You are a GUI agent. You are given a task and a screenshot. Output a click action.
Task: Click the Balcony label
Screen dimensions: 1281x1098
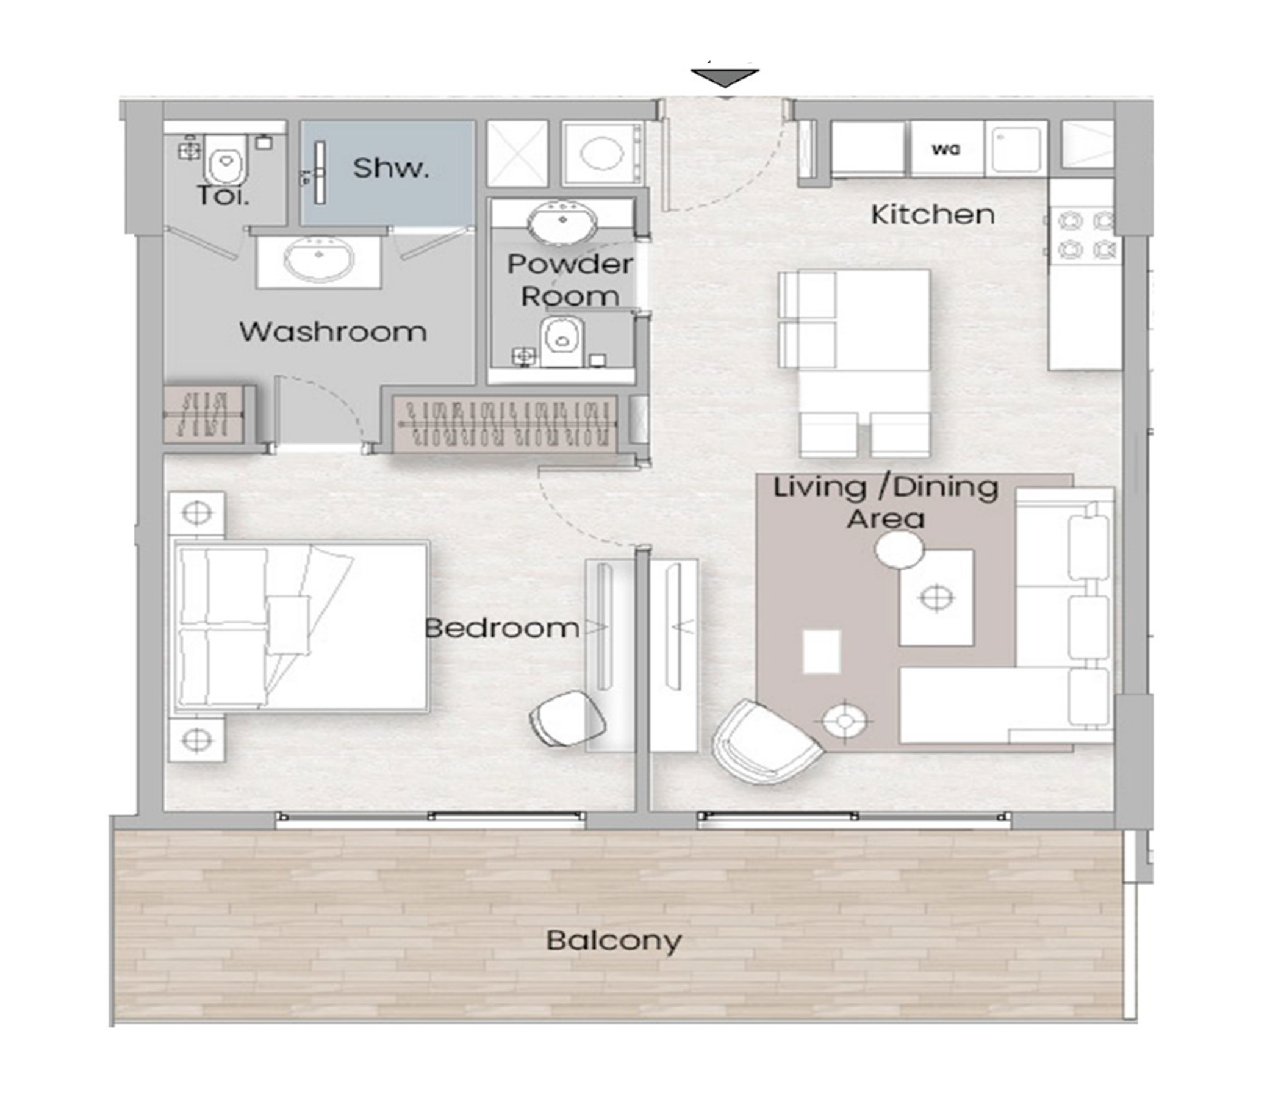click(x=614, y=941)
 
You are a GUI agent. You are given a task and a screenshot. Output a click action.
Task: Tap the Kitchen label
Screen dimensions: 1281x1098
click(x=933, y=215)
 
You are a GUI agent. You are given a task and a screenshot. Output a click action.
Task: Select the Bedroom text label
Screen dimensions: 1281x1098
click(x=502, y=628)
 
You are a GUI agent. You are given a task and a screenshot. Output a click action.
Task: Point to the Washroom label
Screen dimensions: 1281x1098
click(x=332, y=332)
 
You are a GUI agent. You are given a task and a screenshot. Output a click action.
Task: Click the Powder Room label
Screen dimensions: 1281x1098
click(x=570, y=280)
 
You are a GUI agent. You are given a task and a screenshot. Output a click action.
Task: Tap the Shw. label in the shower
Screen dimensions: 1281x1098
click(x=391, y=168)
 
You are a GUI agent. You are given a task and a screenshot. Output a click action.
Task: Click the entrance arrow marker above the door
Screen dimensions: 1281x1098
click(x=725, y=79)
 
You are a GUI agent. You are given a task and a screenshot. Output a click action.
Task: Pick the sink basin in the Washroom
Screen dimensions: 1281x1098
click(x=319, y=260)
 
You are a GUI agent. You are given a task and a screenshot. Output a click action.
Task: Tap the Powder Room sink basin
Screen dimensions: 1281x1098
click(x=562, y=222)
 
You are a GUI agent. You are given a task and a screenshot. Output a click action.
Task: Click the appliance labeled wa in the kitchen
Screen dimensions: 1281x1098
click(x=947, y=149)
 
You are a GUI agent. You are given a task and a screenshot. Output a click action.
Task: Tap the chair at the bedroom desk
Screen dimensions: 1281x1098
click(x=567, y=719)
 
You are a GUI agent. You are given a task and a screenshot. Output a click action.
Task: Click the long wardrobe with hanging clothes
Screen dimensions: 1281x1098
click(x=506, y=423)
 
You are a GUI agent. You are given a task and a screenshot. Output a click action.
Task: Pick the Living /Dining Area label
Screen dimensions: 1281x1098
click(x=885, y=503)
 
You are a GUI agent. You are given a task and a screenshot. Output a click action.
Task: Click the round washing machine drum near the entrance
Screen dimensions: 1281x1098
click(x=601, y=153)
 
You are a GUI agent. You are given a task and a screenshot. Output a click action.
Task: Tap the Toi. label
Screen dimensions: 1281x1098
click(x=223, y=196)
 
